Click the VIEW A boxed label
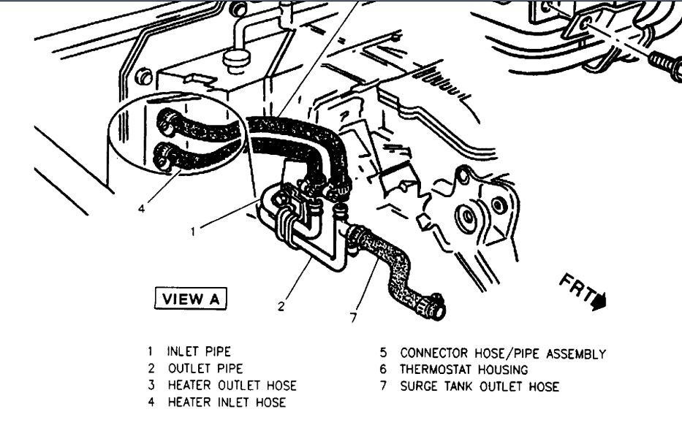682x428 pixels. click(x=191, y=299)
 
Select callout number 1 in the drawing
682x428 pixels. click(x=193, y=232)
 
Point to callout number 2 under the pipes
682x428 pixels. click(x=281, y=306)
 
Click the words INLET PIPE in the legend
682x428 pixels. click(x=199, y=351)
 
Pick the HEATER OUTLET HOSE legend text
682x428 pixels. click(x=232, y=385)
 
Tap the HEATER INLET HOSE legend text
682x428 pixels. click(x=226, y=402)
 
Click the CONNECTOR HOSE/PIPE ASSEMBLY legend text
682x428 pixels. click(x=502, y=354)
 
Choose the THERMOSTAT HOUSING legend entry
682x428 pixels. click(x=463, y=370)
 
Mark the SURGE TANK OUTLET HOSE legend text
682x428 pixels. click(x=479, y=386)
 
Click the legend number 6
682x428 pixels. click(x=383, y=370)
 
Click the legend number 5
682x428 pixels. click(x=383, y=354)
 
